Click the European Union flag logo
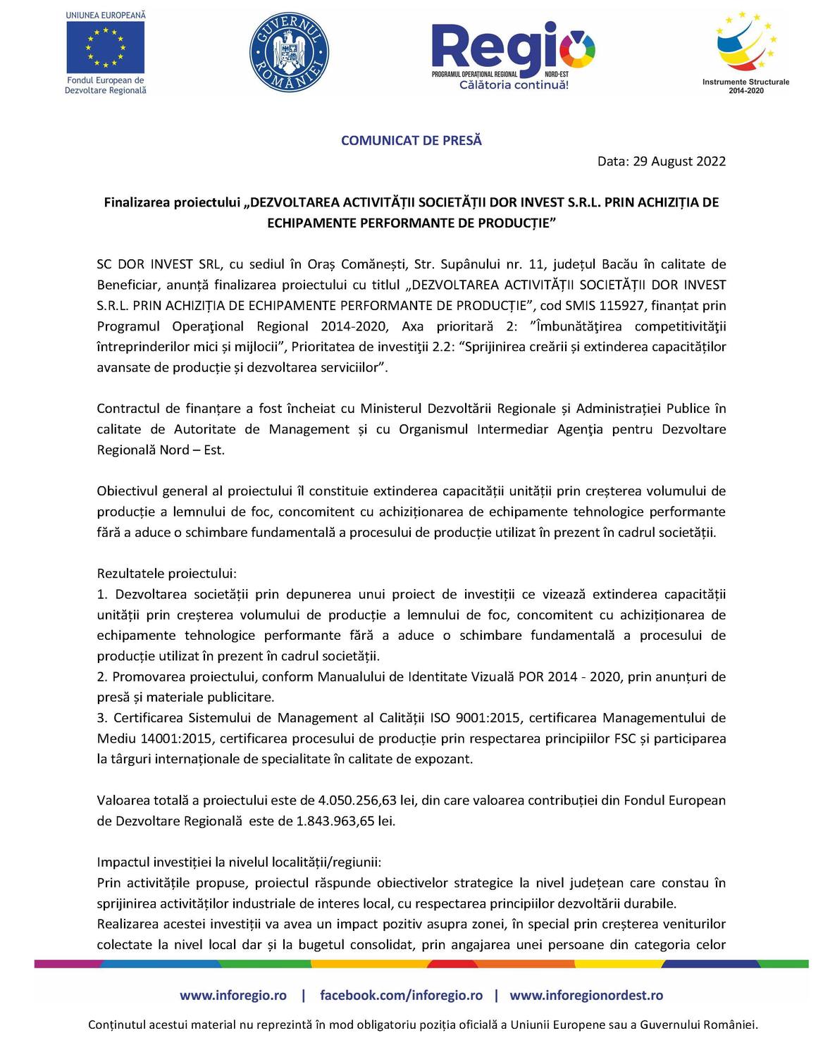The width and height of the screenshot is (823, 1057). coord(105,47)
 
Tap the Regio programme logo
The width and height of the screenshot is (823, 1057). coord(513,51)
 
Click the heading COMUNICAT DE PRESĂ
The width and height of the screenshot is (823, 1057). coord(411,140)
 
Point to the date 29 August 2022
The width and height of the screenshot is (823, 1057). coord(679,161)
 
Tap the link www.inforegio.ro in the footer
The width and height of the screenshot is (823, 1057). coord(233,996)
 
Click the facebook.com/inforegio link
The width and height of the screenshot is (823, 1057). coord(401,996)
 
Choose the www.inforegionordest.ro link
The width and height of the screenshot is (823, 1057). coord(586,996)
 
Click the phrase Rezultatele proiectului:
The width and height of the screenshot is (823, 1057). coord(167,574)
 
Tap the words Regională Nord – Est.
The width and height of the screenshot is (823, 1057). coord(161,450)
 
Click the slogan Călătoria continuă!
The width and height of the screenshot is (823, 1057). coord(514,85)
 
